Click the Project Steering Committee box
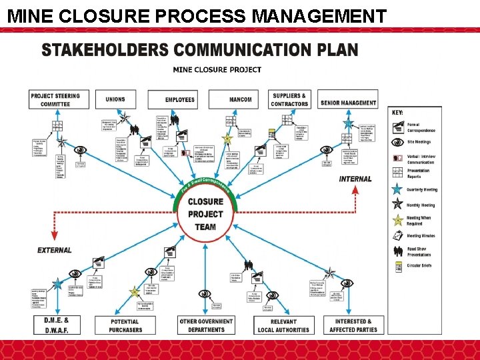55,99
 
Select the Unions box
115,99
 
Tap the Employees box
180,99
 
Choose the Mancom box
240,99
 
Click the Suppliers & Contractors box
290,99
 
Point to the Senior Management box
348,103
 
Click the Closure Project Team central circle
205,214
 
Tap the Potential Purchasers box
126,325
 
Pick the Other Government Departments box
207,325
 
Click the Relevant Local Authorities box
283,325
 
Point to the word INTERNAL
355,179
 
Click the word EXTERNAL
55,250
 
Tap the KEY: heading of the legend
397,113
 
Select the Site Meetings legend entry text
419,141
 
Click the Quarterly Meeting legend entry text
423,189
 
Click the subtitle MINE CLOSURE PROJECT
217,69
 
